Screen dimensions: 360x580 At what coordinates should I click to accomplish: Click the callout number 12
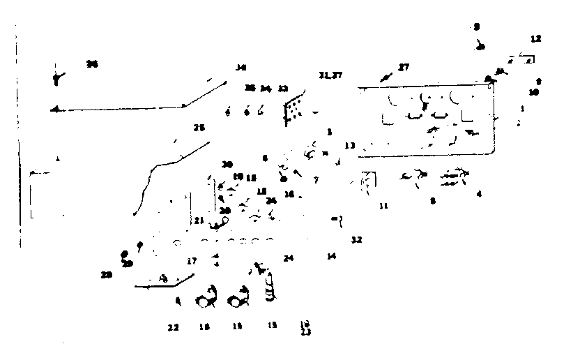(x=535, y=39)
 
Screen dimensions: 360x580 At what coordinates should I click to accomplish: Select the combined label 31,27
(x=330, y=75)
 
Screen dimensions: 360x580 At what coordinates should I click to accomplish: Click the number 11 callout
(x=383, y=207)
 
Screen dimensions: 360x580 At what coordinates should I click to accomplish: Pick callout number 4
(x=479, y=194)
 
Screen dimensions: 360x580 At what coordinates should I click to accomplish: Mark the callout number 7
(x=316, y=180)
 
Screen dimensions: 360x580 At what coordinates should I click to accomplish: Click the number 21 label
(x=199, y=220)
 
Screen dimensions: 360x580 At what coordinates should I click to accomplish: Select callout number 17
(x=192, y=261)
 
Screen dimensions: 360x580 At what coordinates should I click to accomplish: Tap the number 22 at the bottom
(x=173, y=327)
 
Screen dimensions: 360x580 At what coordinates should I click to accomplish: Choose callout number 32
(x=356, y=240)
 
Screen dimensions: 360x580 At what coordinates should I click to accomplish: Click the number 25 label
(x=199, y=128)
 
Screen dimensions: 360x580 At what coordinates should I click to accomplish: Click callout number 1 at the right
(x=522, y=109)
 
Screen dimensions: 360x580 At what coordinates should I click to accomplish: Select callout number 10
(x=533, y=92)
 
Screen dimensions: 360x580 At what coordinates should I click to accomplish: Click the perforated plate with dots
(x=295, y=108)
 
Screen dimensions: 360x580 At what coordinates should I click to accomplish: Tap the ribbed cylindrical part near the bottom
(x=270, y=288)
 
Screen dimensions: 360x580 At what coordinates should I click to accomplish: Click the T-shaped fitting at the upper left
(x=56, y=77)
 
